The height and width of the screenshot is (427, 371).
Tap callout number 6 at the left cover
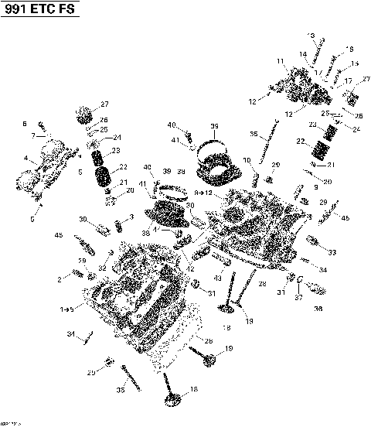coord(25,124)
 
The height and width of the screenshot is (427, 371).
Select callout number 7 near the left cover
coord(33,135)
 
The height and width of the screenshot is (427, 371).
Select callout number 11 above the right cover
coord(281,60)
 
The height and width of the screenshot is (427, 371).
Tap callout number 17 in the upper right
coord(348,80)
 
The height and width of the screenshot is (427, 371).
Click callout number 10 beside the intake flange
coord(247,160)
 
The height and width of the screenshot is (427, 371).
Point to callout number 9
coord(315,187)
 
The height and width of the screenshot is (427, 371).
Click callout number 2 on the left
coord(59,279)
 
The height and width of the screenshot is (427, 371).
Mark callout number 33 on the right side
coord(332,252)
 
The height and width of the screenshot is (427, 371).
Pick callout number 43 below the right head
coord(217,277)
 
